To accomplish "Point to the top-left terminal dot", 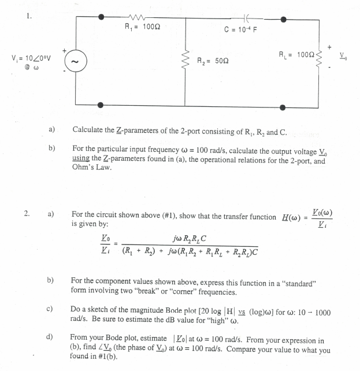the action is click(x=101, y=18).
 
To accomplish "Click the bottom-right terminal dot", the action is click(x=283, y=106).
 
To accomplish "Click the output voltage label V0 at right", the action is click(x=346, y=60).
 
